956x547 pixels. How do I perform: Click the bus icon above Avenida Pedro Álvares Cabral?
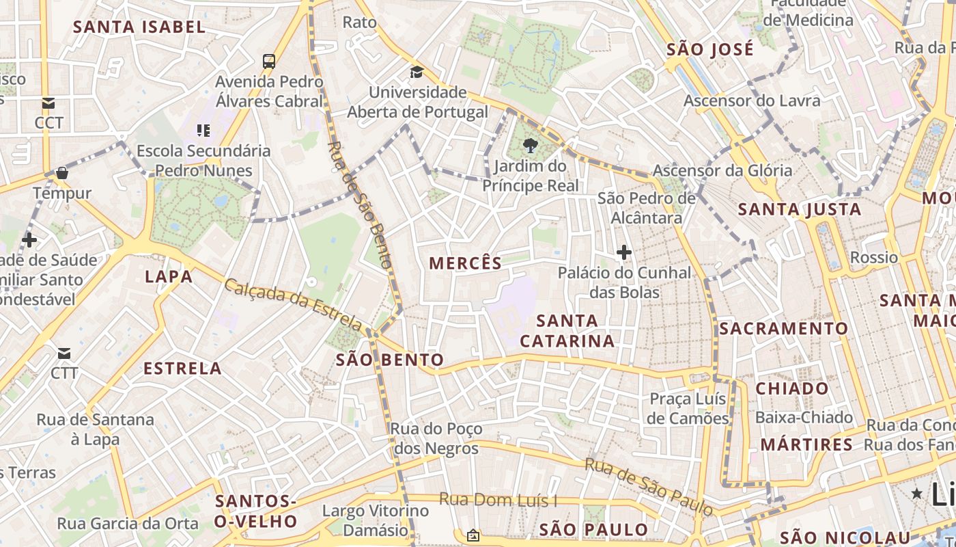(x=269, y=61)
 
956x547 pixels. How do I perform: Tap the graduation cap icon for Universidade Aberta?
(x=417, y=72)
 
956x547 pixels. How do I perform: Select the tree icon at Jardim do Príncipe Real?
(x=529, y=145)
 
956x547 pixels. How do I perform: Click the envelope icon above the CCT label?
(x=48, y=103)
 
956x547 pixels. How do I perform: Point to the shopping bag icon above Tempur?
(x=62, y=173)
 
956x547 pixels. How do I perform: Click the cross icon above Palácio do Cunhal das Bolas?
(x=623, y=252)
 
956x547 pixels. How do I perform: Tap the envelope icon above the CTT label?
(x=64, y=353)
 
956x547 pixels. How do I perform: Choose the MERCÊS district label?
(x=465, y=263)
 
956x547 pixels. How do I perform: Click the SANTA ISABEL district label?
(x=139, y=27)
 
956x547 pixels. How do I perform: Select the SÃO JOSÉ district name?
(x=710, y=49)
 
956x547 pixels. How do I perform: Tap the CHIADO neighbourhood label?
(x=791, y=388)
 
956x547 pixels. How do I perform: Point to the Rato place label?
(x=359, y=22)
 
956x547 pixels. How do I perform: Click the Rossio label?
(x=873, y=258)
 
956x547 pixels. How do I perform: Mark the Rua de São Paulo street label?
(x=649, y=486)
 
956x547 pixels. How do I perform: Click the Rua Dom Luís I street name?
(x=498, y=500)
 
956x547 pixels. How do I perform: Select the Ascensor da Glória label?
(x=722, y=170)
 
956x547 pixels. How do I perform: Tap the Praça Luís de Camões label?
(x=688, y=408)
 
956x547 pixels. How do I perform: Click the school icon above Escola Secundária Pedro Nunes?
(x=203, y=130)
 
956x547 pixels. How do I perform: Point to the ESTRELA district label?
(x=182, y=369)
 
